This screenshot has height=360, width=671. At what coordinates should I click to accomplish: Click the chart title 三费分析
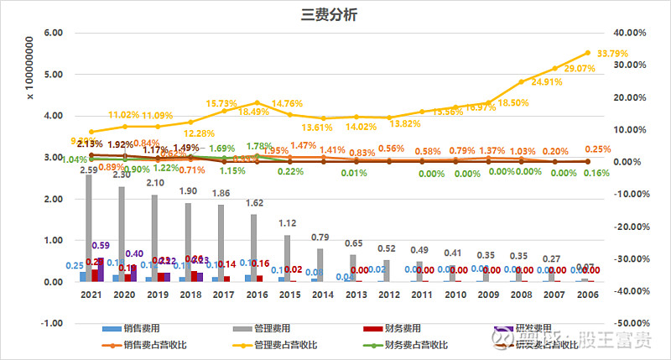point(335,14)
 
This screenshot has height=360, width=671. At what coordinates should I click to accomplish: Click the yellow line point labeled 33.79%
point(587,53)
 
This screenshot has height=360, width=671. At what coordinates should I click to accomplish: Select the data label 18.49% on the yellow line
point(253,112)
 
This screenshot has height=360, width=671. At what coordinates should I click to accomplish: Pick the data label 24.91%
point(522,82)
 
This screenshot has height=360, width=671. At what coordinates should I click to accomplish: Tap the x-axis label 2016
point(255,295)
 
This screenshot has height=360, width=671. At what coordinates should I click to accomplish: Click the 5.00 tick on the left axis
point(53,75)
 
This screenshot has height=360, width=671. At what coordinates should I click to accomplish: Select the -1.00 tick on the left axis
point(51,323)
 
